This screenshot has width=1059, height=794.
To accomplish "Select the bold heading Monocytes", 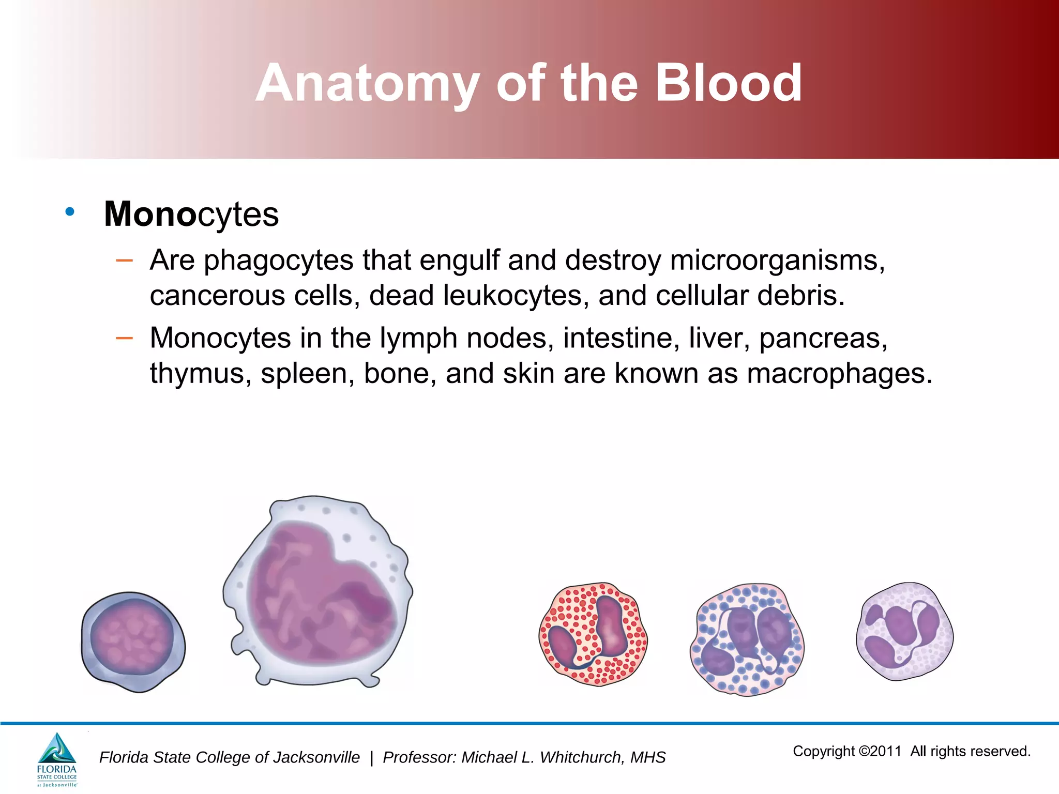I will point(191,214).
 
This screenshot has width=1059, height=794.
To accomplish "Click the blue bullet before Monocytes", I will point(70,211).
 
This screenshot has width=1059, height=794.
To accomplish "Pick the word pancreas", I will point(823,339).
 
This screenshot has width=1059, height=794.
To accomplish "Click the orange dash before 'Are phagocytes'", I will point(124,261).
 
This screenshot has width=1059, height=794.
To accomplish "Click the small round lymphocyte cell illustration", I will point(133,642).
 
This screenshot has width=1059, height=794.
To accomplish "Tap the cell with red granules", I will point(593,634).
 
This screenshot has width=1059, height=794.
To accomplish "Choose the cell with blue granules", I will point(747,639).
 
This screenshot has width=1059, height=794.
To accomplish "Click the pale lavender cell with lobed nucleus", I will point(904,631).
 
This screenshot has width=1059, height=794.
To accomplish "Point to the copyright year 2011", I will point(885,751).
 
